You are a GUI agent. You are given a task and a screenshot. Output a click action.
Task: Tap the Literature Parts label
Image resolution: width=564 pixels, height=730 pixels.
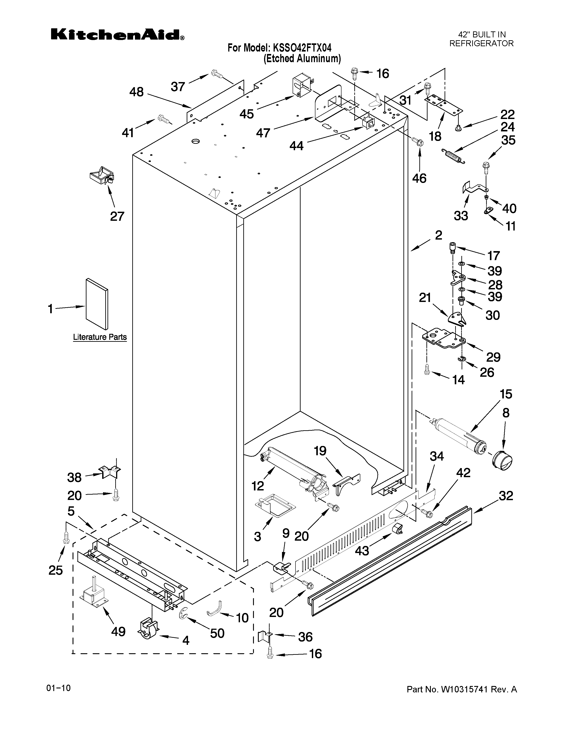(100, 337)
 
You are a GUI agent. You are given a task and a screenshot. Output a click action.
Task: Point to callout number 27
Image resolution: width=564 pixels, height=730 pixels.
(117, 216)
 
